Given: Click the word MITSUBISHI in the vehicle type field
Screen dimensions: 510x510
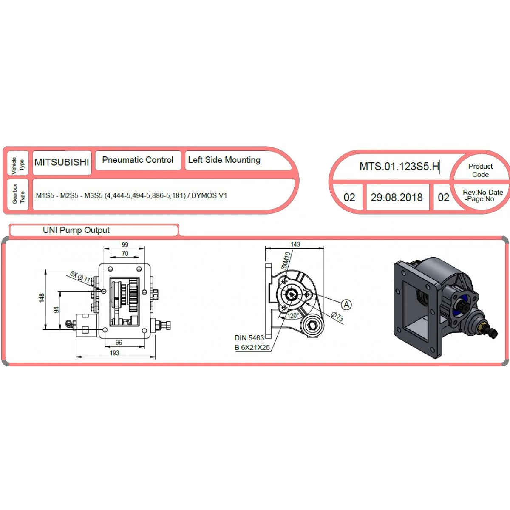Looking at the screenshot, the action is coord(62,162).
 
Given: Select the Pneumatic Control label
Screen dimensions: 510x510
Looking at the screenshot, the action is coord(138,160).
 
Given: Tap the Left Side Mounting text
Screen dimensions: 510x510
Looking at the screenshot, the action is coord(224,160).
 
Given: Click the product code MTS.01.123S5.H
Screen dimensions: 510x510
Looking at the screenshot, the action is coord(399,167).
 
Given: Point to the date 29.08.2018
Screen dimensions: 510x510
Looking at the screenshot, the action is coord(397,198).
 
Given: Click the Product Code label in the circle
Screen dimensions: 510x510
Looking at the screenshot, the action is coord(480,170).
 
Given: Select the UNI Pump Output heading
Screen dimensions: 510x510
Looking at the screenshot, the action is coord(76,230).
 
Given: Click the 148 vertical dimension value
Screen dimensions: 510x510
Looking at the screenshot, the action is coord(42,298).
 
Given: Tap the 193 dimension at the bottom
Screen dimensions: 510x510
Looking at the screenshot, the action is coord(115,353).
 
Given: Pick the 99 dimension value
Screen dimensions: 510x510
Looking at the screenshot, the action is coord(125,245).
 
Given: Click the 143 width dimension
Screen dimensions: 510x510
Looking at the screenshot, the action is coord(295,244).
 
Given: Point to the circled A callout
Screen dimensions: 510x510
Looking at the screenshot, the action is coord(346,305).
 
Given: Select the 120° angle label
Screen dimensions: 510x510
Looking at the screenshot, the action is coord(293,316).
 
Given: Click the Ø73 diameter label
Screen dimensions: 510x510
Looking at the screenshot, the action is coord(337,316).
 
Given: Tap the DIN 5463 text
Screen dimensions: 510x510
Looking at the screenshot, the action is coord(249,338).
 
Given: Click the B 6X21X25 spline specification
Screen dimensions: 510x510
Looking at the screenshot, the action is coord(252,348).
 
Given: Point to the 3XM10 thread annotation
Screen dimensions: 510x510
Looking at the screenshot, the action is coord(286,261).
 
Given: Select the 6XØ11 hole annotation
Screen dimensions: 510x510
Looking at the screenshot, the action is coord(80,277).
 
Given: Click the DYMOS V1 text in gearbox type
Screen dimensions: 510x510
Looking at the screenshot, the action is coord(209,195).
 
